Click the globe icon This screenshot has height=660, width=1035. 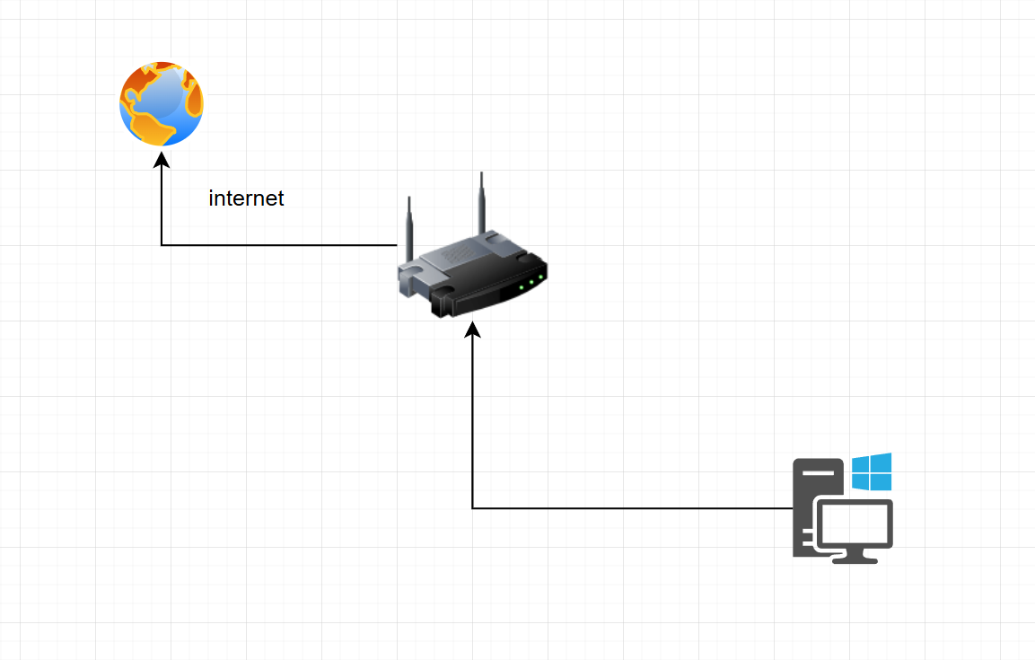point(162,104)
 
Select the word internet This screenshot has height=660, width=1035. point(246,198)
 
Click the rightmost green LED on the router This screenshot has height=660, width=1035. point(541,277)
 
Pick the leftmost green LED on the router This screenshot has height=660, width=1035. point(521,287)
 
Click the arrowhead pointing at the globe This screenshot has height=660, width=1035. point(162,159)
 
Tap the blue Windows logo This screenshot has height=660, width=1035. point(872,471)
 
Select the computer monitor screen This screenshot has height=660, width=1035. point(853,524)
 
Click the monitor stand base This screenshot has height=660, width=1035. point(855,559)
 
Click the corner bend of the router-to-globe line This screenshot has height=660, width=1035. point(162,244)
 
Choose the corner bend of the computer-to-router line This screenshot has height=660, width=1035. point(473,508)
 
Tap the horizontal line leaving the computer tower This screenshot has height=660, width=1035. point(628,508)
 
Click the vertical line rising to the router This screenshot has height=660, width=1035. point(473,422)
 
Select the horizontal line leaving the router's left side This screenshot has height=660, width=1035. point(278,244)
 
